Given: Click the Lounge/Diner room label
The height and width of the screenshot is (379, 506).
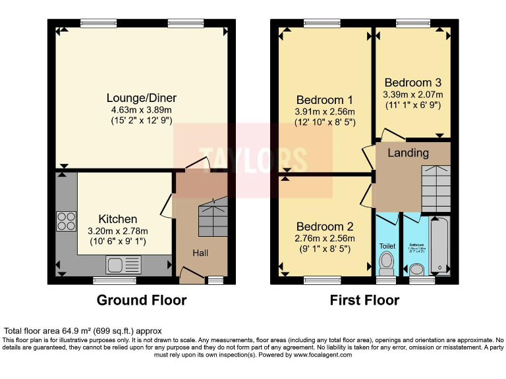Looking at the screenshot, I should coord(142,98).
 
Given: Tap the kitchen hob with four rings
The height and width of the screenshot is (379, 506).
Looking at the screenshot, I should coord(66,220).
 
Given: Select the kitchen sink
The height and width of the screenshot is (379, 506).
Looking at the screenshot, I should coord(123,265).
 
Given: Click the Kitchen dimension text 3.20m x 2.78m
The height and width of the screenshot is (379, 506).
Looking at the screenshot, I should coord(118,231).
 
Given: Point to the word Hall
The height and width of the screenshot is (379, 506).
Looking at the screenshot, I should coord(201,253).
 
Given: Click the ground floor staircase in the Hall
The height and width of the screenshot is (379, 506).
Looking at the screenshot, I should coord(214,216).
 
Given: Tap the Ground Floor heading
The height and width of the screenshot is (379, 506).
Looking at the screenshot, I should coord(142,300).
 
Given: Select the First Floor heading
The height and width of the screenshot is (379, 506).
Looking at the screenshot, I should coord(364,300).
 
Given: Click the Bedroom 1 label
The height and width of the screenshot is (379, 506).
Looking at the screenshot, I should coord(325,100).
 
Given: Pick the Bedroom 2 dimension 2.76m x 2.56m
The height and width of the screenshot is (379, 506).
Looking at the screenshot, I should coord(325,238).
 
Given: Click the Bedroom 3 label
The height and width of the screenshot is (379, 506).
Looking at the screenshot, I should coord(412,83).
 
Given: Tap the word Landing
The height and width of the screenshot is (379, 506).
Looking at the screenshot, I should coord(408,153).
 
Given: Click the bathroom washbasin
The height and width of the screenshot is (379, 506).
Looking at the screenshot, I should coord(416,270).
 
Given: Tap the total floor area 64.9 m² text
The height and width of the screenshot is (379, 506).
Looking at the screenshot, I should coord(82,330).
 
